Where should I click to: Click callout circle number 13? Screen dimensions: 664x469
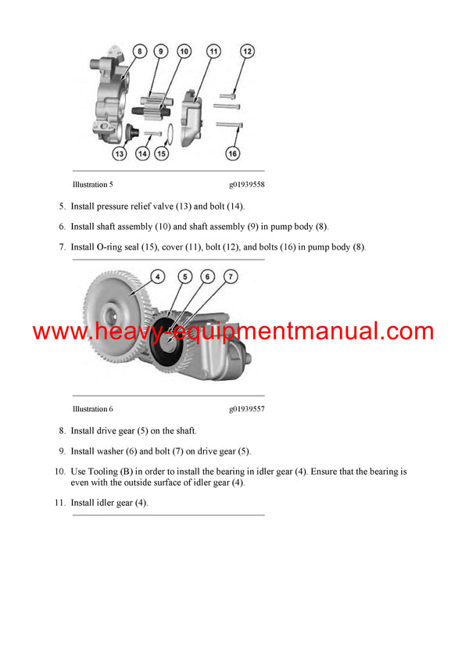tap(119, 154)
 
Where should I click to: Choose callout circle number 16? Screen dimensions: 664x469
tap(232, 153)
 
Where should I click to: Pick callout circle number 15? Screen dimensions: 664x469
tap(161, 154)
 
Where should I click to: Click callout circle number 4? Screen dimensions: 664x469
tap(157, 276)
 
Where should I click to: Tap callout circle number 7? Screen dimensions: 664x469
tap(231, 276)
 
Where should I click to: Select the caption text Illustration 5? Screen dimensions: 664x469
tap(92, 186)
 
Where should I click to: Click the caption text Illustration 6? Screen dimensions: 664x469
tap(92, 409)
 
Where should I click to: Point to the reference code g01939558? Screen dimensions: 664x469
tap(246, 186)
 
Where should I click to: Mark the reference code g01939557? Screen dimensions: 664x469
tap(246, 409)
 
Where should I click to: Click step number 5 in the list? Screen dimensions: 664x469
tap(62, 206)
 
